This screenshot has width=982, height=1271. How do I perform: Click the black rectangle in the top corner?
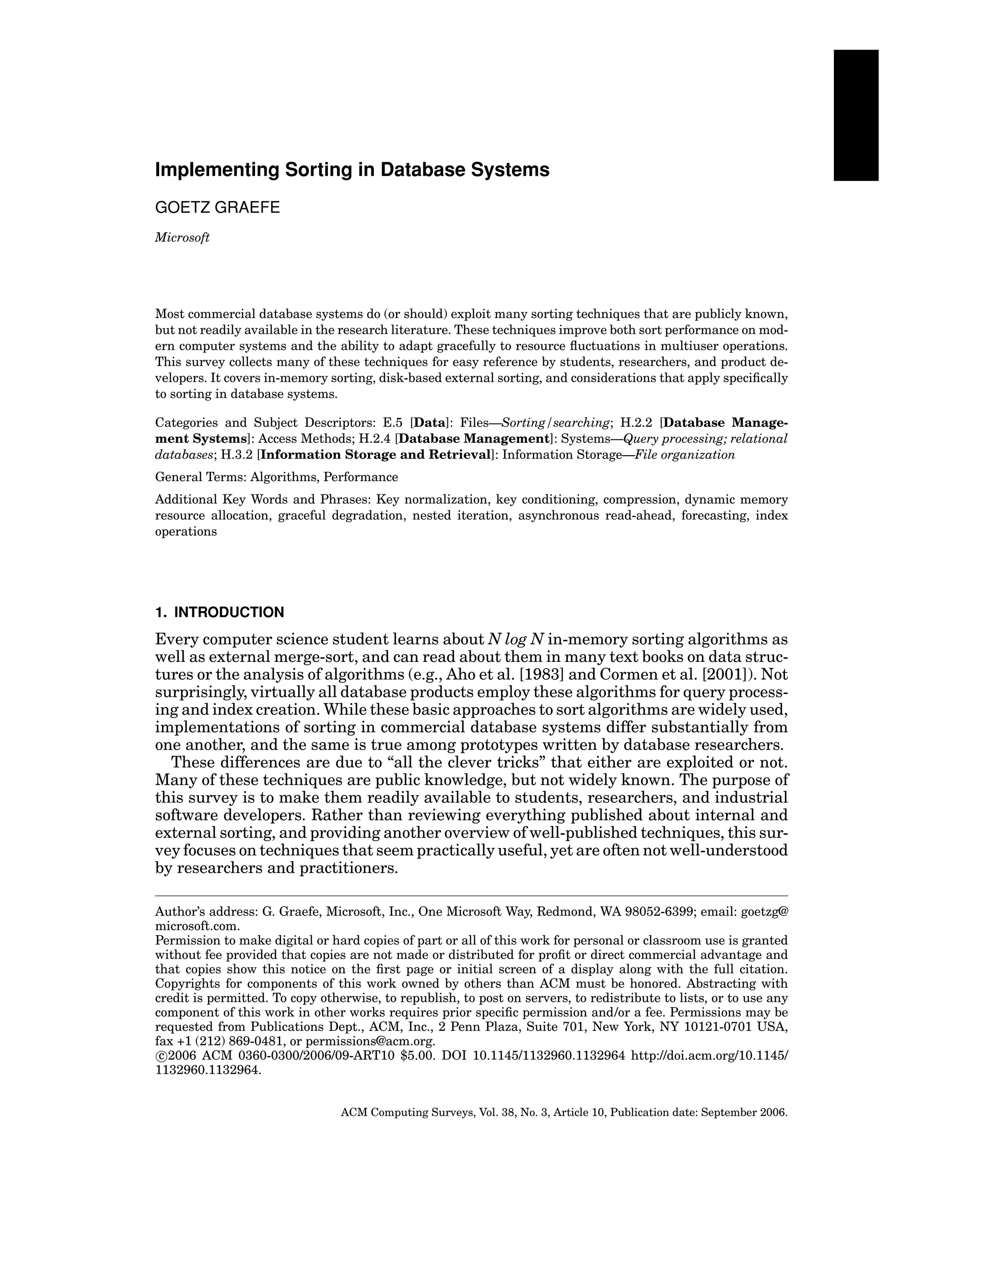(x=856, y=115)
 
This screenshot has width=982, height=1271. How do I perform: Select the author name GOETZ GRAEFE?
(x=217, y=208)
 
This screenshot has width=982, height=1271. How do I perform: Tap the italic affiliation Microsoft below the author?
(x=182, y=237)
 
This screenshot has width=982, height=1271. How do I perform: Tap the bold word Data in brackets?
(x=429, y=423)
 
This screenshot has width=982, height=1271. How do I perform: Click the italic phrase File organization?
(x=685, y=455)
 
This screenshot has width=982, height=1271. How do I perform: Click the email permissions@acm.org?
(x=370, y=1041)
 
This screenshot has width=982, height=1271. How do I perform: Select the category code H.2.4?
(x=375, y=439)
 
